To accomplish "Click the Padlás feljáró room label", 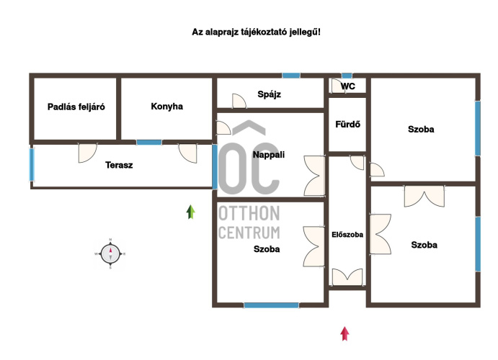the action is [76, 107].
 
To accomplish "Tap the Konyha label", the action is [166, 107].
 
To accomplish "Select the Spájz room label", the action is [269, 94].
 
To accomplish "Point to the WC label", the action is [348, 86].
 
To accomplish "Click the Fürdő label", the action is [348, 124].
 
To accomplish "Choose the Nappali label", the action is [269, 155].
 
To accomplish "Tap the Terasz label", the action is [119, 165].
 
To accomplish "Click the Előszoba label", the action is [347, 235].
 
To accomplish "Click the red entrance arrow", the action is [345, 333].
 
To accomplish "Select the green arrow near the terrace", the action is [190, 212].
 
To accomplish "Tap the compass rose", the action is [110, 253].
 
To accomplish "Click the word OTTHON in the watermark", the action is [249, 213].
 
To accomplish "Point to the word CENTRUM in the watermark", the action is [249, 233].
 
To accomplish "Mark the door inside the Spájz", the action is [239, 102].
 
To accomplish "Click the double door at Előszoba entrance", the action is [347, 276].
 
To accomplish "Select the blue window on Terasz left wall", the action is [32, 165].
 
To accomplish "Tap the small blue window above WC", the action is [347, 76].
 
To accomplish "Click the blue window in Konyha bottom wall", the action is [149, 143].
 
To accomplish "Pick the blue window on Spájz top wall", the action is [291, 76].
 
